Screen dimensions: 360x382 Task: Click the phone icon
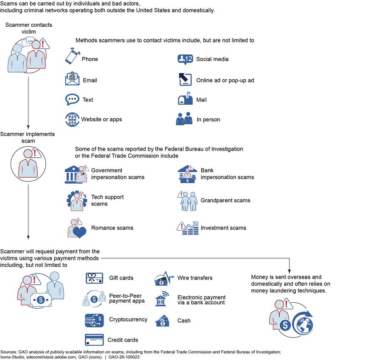pos(72,56)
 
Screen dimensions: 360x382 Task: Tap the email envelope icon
pos(72,79)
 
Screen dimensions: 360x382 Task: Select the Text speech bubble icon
pos(72,99)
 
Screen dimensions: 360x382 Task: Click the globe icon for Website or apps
pos(72,119)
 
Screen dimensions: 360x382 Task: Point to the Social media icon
pos(185,59)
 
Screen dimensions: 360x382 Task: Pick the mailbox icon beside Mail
pos(185,99)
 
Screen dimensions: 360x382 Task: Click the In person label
pos(208,120)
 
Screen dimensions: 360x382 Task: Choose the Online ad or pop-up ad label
pos(225,80)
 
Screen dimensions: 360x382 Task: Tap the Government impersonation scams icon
pos(76,174)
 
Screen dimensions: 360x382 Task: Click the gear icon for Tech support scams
pos(76,200)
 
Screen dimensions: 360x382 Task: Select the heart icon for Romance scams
pos(79,232)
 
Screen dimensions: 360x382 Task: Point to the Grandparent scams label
pos(225,200)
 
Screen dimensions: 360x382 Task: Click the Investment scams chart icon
pos(187,228)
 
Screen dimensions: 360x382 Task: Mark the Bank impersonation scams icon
pos(187,174)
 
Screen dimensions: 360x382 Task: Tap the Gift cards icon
pos(95,278)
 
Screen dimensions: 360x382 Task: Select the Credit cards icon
pos(94,340)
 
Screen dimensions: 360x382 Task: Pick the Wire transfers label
pos(195,278)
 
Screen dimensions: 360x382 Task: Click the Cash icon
pos(163,321)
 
